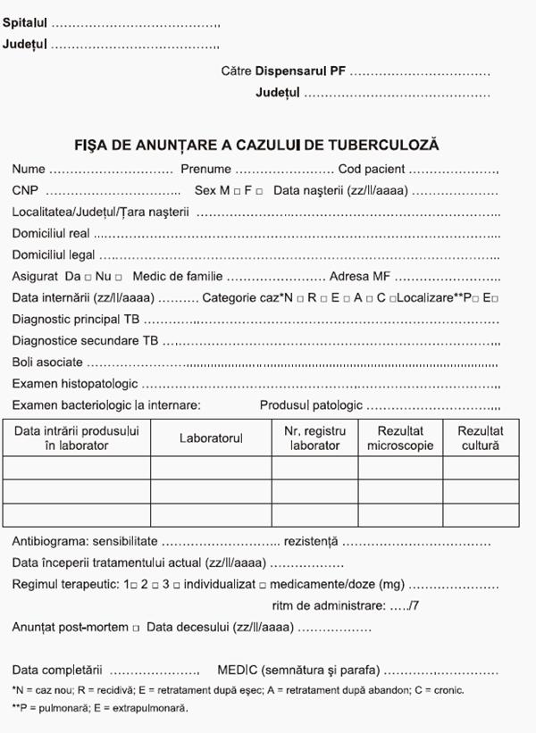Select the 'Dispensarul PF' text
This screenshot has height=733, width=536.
[x=300, y=70]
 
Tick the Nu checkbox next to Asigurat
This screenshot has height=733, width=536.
[x=119, y=278]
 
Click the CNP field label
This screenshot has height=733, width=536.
[x=24, y=190]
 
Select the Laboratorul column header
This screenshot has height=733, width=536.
[x=211, y=438]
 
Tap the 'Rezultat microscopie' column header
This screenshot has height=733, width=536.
[x=399, y=438]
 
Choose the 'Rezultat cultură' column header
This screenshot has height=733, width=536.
[x=481, y=438]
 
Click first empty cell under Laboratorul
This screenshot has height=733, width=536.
[x=211, y=468]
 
